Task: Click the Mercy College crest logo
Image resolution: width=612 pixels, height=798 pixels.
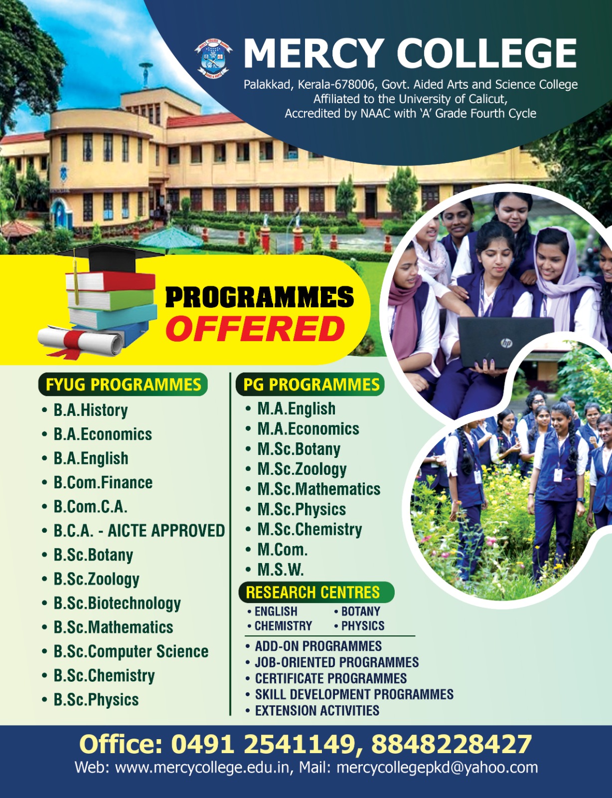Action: [x=213, y=58]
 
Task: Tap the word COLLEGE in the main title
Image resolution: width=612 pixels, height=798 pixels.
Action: [x=487, y=54]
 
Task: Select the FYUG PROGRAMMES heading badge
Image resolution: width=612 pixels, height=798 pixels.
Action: [x=123, y=385]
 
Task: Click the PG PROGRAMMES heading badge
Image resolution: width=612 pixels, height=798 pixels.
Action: [x=310, y=385]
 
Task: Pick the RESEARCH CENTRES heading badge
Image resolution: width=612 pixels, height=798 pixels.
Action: [x=316, y=593]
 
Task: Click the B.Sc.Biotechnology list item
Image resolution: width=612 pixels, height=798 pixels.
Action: [x=117, y=603]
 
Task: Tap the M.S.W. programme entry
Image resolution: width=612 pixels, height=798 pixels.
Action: [x=280, y=570]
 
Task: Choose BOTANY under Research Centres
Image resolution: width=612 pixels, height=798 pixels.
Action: [x=361, y=611]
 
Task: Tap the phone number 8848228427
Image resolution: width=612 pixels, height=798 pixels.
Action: [x=452, y=744]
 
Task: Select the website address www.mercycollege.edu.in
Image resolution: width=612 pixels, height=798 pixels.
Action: [x=202, y=767]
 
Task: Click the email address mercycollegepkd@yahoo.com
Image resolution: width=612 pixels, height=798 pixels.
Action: [x=437, y=768]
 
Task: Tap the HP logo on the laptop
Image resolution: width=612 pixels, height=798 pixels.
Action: [x=507, y=343]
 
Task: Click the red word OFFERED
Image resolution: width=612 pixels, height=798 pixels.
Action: [x=255, y=328]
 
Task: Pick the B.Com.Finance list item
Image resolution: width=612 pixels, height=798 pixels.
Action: [x=103, y=483]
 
